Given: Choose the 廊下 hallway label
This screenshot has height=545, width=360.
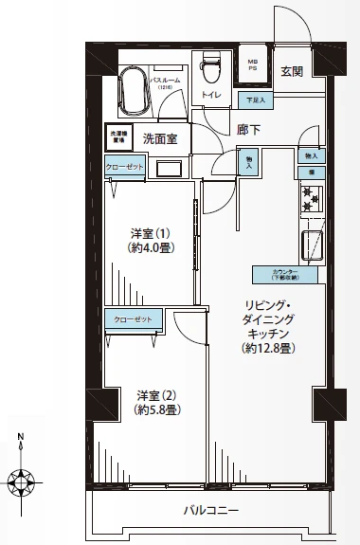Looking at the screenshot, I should tap(249, 129).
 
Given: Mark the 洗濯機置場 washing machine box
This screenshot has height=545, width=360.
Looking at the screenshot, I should tap(117, 136).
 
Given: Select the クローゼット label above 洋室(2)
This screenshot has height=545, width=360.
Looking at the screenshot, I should tap(133, 320).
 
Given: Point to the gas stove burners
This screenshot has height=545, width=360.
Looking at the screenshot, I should tap(311, 198).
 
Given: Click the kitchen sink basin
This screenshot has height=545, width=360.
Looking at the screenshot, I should tap(312, 244).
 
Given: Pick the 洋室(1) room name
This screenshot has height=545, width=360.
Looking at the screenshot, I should tap(150, 233).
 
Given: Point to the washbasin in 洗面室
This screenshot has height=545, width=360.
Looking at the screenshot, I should tap(169, 168).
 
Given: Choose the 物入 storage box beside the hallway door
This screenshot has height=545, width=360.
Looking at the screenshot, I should tap(249, 161).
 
